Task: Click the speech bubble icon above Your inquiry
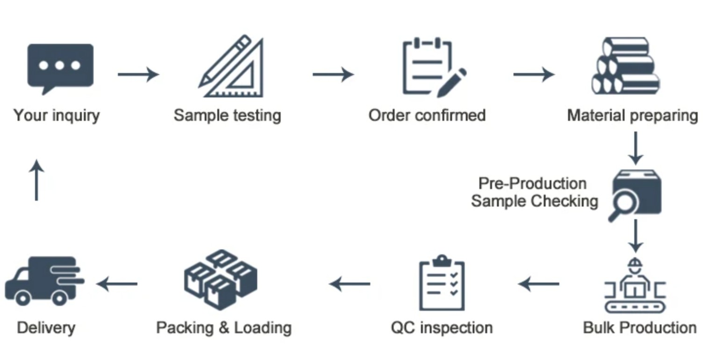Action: pyautogui.click(x=60, y=68)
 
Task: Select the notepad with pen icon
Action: pyautogui.click(x=433, y=68)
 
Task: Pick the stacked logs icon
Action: pyautogui.click(x=625, y=66)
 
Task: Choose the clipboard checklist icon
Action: pyautogui.click(x=442, y=283)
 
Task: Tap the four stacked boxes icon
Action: pyautogui.click(x=221, y=279)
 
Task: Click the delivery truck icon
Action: pyautogui.click(x=44, y=281)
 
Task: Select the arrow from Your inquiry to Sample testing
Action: pyautogui.click(x=138, y=74)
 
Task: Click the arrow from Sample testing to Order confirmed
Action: pyautogui.click(x=333, y=74)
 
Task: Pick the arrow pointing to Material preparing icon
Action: pyautogui.click(x=534, y=74)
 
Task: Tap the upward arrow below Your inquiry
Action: pyautogui.click(x=36, y=180)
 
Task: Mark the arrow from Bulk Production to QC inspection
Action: pyautogui.click(x=539, y=283)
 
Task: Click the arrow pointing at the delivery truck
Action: pyautogui.click(x=117, y=283)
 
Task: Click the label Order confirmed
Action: pyautogui.click(x=427, y=115)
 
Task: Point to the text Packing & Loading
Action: pyautogui.click(x=224, y=328)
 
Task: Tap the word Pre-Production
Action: pyautogui.click(x=532, y=183)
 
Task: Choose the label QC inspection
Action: pyautogui.click(x=442, y=328)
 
